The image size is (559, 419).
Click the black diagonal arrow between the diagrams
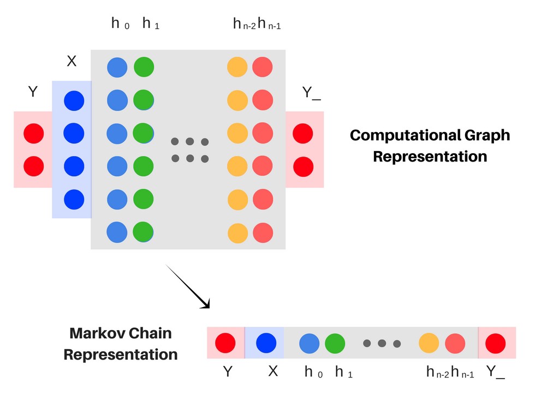188,287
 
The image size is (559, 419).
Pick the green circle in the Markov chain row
335,343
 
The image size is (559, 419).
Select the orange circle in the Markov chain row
429,343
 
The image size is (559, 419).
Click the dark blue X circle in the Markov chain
266,343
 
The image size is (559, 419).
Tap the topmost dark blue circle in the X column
74,101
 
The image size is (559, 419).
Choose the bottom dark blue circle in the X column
74,200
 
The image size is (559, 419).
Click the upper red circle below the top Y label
34,134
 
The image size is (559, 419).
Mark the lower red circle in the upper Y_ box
303,166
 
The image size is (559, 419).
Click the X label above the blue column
72,62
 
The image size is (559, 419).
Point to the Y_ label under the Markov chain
496,372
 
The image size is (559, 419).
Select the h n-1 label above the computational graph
269,24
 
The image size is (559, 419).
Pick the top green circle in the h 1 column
144,67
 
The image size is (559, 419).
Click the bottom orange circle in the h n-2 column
237,233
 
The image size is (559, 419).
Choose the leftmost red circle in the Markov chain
225,343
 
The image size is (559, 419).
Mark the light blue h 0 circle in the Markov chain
309,343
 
